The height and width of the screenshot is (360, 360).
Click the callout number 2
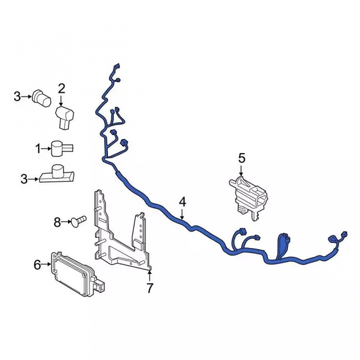(x=61, y=89)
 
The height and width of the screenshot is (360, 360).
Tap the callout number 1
(x=38, y=149)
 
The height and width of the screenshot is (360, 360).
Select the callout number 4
(x=182, y=202)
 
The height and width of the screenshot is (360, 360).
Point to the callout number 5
(x=242, y=158)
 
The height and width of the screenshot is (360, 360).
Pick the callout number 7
(x=150, y=288)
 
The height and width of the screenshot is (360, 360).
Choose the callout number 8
(x=57, y=222)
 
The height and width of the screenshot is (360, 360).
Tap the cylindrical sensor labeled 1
(x=62, y=149)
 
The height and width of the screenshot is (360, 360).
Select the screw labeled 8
(x=78, y=221)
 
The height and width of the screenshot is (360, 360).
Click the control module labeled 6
(x=78, y=274)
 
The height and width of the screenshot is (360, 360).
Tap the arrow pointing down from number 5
(x=241, y=170)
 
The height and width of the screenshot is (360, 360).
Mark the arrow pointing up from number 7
(x=150, y=276)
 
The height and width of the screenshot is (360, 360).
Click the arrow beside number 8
(x=67, y=221)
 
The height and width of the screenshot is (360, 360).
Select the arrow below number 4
(x=182, y=213)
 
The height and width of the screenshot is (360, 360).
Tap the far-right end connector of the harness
(x=345, y=234)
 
